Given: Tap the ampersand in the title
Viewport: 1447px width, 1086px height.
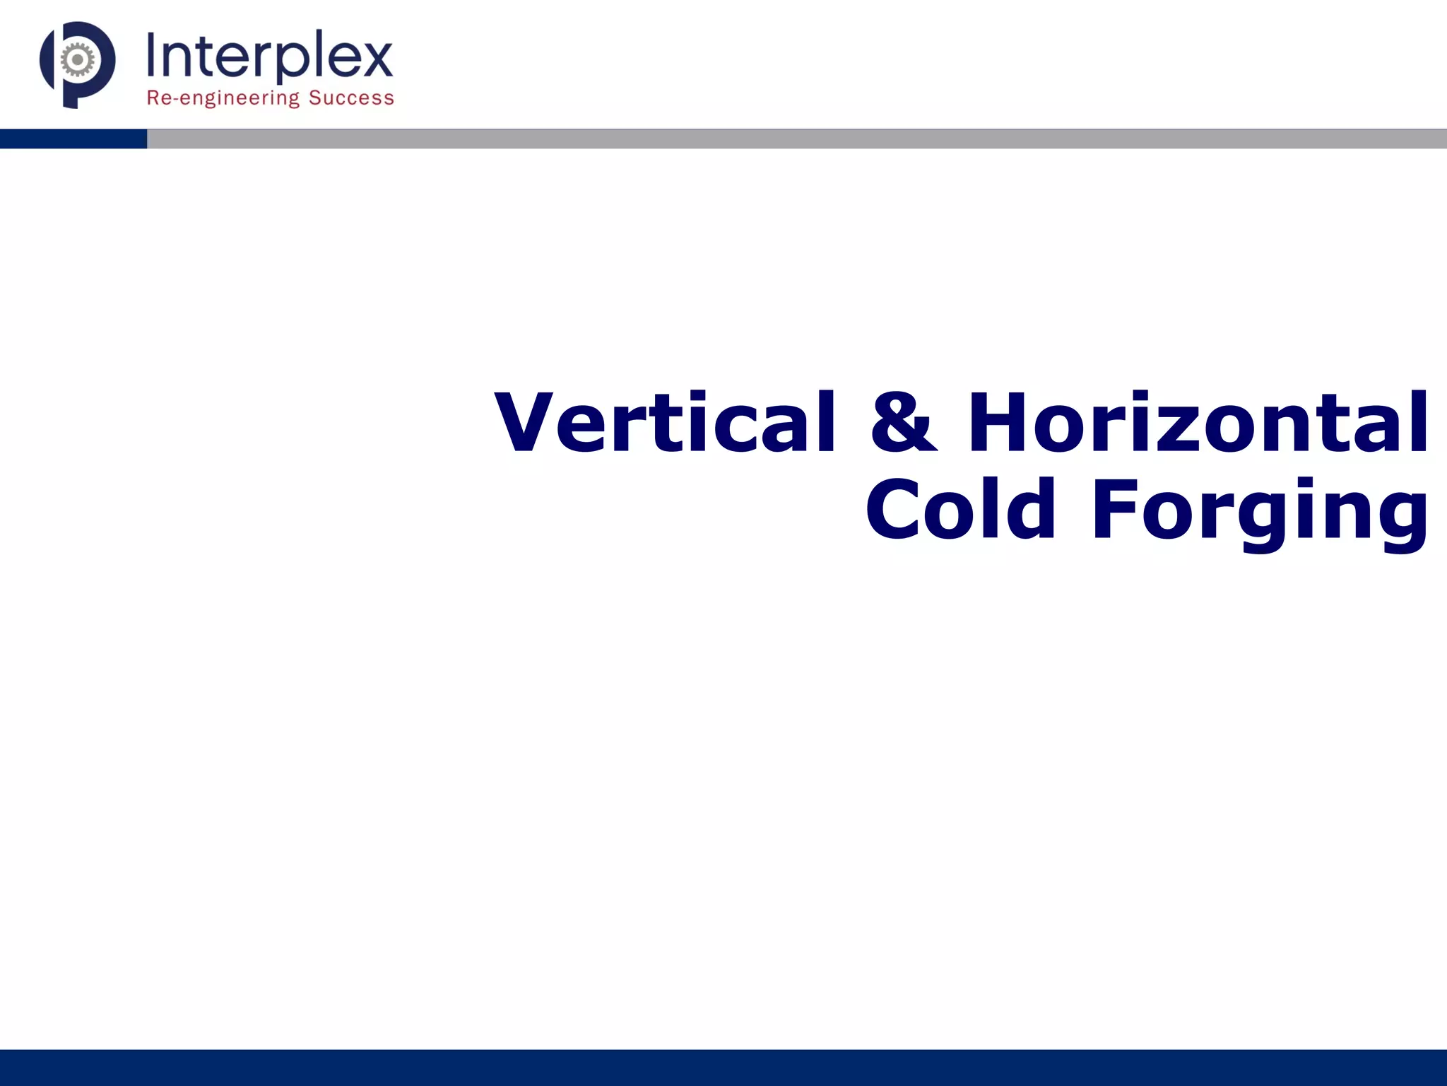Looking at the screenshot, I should (903, 423).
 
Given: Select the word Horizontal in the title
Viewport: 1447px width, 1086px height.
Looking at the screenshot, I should (1198, 423).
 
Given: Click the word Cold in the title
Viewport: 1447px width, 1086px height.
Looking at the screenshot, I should (961, 509).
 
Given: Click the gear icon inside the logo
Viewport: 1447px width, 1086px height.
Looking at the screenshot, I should (78, 60).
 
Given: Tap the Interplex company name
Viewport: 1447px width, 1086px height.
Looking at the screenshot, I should (269, 57).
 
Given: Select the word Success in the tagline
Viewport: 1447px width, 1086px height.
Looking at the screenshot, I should (351, 98).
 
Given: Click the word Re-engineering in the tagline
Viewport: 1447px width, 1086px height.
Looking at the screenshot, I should (223, 98).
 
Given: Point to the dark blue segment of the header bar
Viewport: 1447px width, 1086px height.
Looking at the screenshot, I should (73, 139).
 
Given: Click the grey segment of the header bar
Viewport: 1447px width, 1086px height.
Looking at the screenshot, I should (796, 139).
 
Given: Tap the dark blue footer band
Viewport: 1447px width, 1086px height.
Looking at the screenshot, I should (723, 1068).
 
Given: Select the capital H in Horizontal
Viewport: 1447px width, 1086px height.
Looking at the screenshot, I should (996, 423).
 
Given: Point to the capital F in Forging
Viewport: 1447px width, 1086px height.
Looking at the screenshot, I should (1116, 509).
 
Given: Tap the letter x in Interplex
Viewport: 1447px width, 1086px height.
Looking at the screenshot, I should (377, 59).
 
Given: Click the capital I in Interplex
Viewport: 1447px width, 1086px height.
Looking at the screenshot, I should (152, 55).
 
